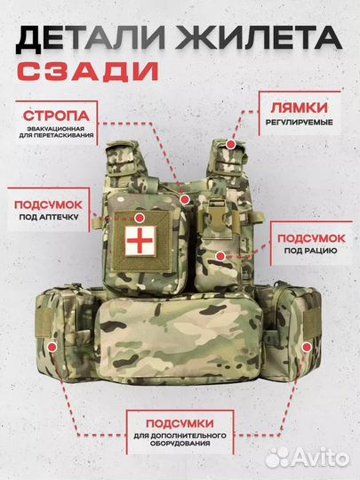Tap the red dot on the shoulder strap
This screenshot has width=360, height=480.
pos(230,143)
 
